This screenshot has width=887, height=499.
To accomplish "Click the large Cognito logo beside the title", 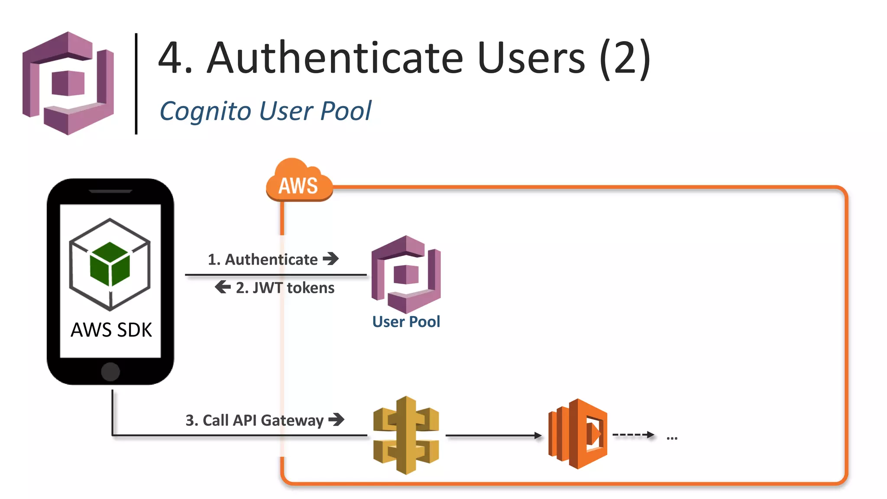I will tap(68, 83).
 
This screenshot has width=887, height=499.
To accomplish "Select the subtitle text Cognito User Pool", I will tap(265, 111).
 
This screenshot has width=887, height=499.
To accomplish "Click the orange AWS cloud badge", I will tap(299, 183).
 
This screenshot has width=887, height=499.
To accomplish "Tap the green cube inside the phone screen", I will tap(110, 264).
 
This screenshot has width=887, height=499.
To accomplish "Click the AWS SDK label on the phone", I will tap(111, 330).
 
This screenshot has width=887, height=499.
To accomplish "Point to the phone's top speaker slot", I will tap(110, 191).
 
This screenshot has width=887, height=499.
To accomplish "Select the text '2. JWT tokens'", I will tap(285, 288).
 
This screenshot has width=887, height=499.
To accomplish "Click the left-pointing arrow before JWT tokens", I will tap(223, 287).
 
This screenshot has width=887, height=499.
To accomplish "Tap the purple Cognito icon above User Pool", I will tap(406, 274).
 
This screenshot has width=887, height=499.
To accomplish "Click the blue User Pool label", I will tap(406, 322).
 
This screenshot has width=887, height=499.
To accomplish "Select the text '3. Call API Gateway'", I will tap(254, 420).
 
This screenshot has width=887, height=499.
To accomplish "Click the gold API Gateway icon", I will tap(406, 435).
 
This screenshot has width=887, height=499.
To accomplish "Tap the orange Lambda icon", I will tap(578, 434).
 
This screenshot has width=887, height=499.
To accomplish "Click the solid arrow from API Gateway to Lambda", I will tap(494, 435).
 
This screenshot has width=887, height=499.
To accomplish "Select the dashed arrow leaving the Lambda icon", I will tap(633, 434).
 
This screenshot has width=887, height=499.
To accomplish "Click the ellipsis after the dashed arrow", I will tap(672, 438).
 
